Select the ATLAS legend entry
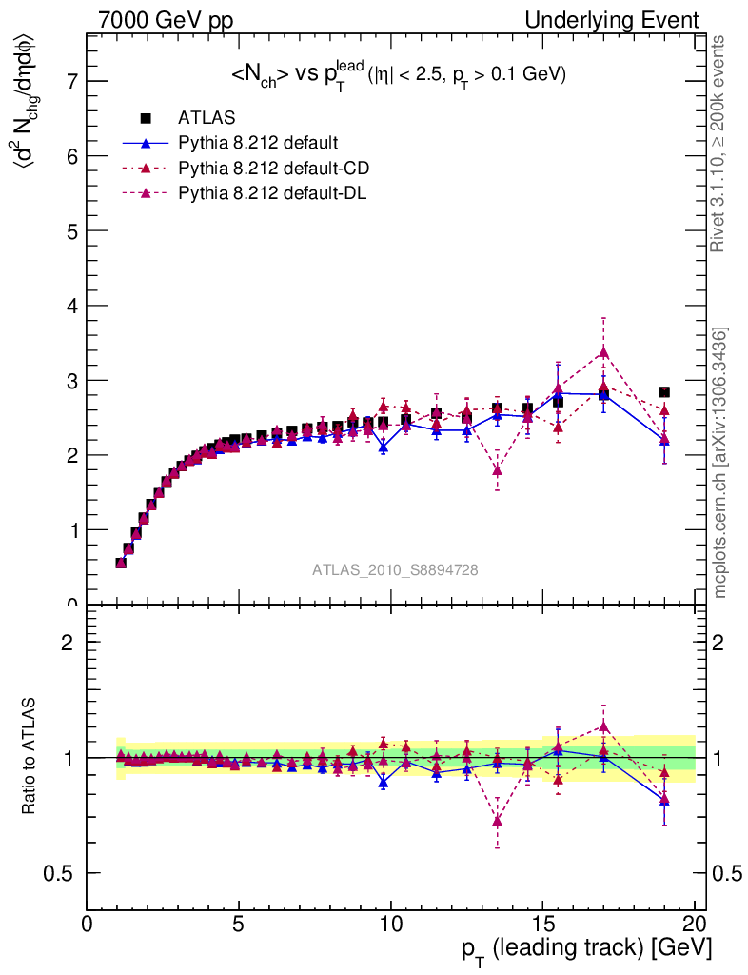point(199,119)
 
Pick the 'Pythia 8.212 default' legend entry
point(257,144)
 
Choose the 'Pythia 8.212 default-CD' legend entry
point(273,169)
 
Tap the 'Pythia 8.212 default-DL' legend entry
point(272,193)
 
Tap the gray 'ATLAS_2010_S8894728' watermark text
point(395,570)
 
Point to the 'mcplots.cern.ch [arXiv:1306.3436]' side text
point(720,463)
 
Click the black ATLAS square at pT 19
point(664,392)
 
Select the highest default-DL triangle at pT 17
point(603,352)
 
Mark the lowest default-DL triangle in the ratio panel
point(497,820)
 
